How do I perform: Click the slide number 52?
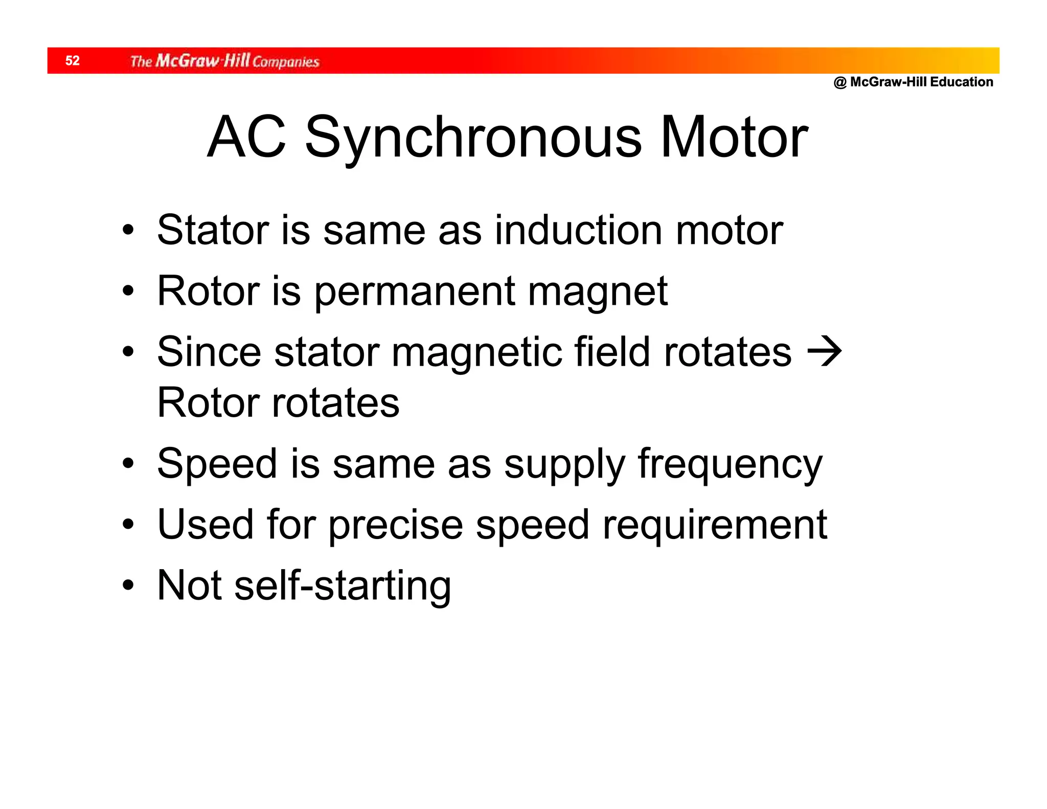(73, 61)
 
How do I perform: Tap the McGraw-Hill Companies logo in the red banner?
(224, 61)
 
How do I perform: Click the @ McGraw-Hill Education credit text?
(913, 82)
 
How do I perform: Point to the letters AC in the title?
(246, 137)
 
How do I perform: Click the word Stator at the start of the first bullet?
(213, 230)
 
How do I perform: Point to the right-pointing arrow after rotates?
(824, 352)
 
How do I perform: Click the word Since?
(209, 352)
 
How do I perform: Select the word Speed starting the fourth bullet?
(217, 464)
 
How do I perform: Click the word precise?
(396, 525)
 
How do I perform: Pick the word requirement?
(715, 525)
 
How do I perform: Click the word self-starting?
(342, 586)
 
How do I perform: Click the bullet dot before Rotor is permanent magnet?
(128, 291)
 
